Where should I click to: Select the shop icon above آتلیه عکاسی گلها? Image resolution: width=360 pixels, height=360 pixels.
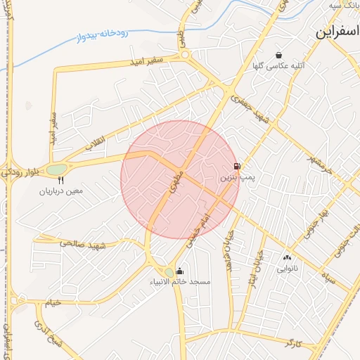[x=279, y=55]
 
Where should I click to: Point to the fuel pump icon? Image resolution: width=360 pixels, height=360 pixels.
[x=236, y=167]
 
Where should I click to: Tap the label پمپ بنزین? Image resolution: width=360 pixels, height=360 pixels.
[x=234, y=179]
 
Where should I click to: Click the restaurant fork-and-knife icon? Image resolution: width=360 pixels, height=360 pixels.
[x=60, y=180]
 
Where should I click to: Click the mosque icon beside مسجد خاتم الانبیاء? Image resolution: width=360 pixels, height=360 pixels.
[x=180, y=271]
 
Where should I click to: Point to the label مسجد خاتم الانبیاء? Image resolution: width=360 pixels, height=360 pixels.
[x=179, y=282]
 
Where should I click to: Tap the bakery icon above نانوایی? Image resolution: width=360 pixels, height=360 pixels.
[x=287, y=257]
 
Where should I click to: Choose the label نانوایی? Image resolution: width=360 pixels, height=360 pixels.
[x=287, y=268]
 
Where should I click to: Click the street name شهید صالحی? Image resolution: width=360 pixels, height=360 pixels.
[x=82, y=244]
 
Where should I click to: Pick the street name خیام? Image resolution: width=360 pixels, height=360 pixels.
[x=53, y=302]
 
